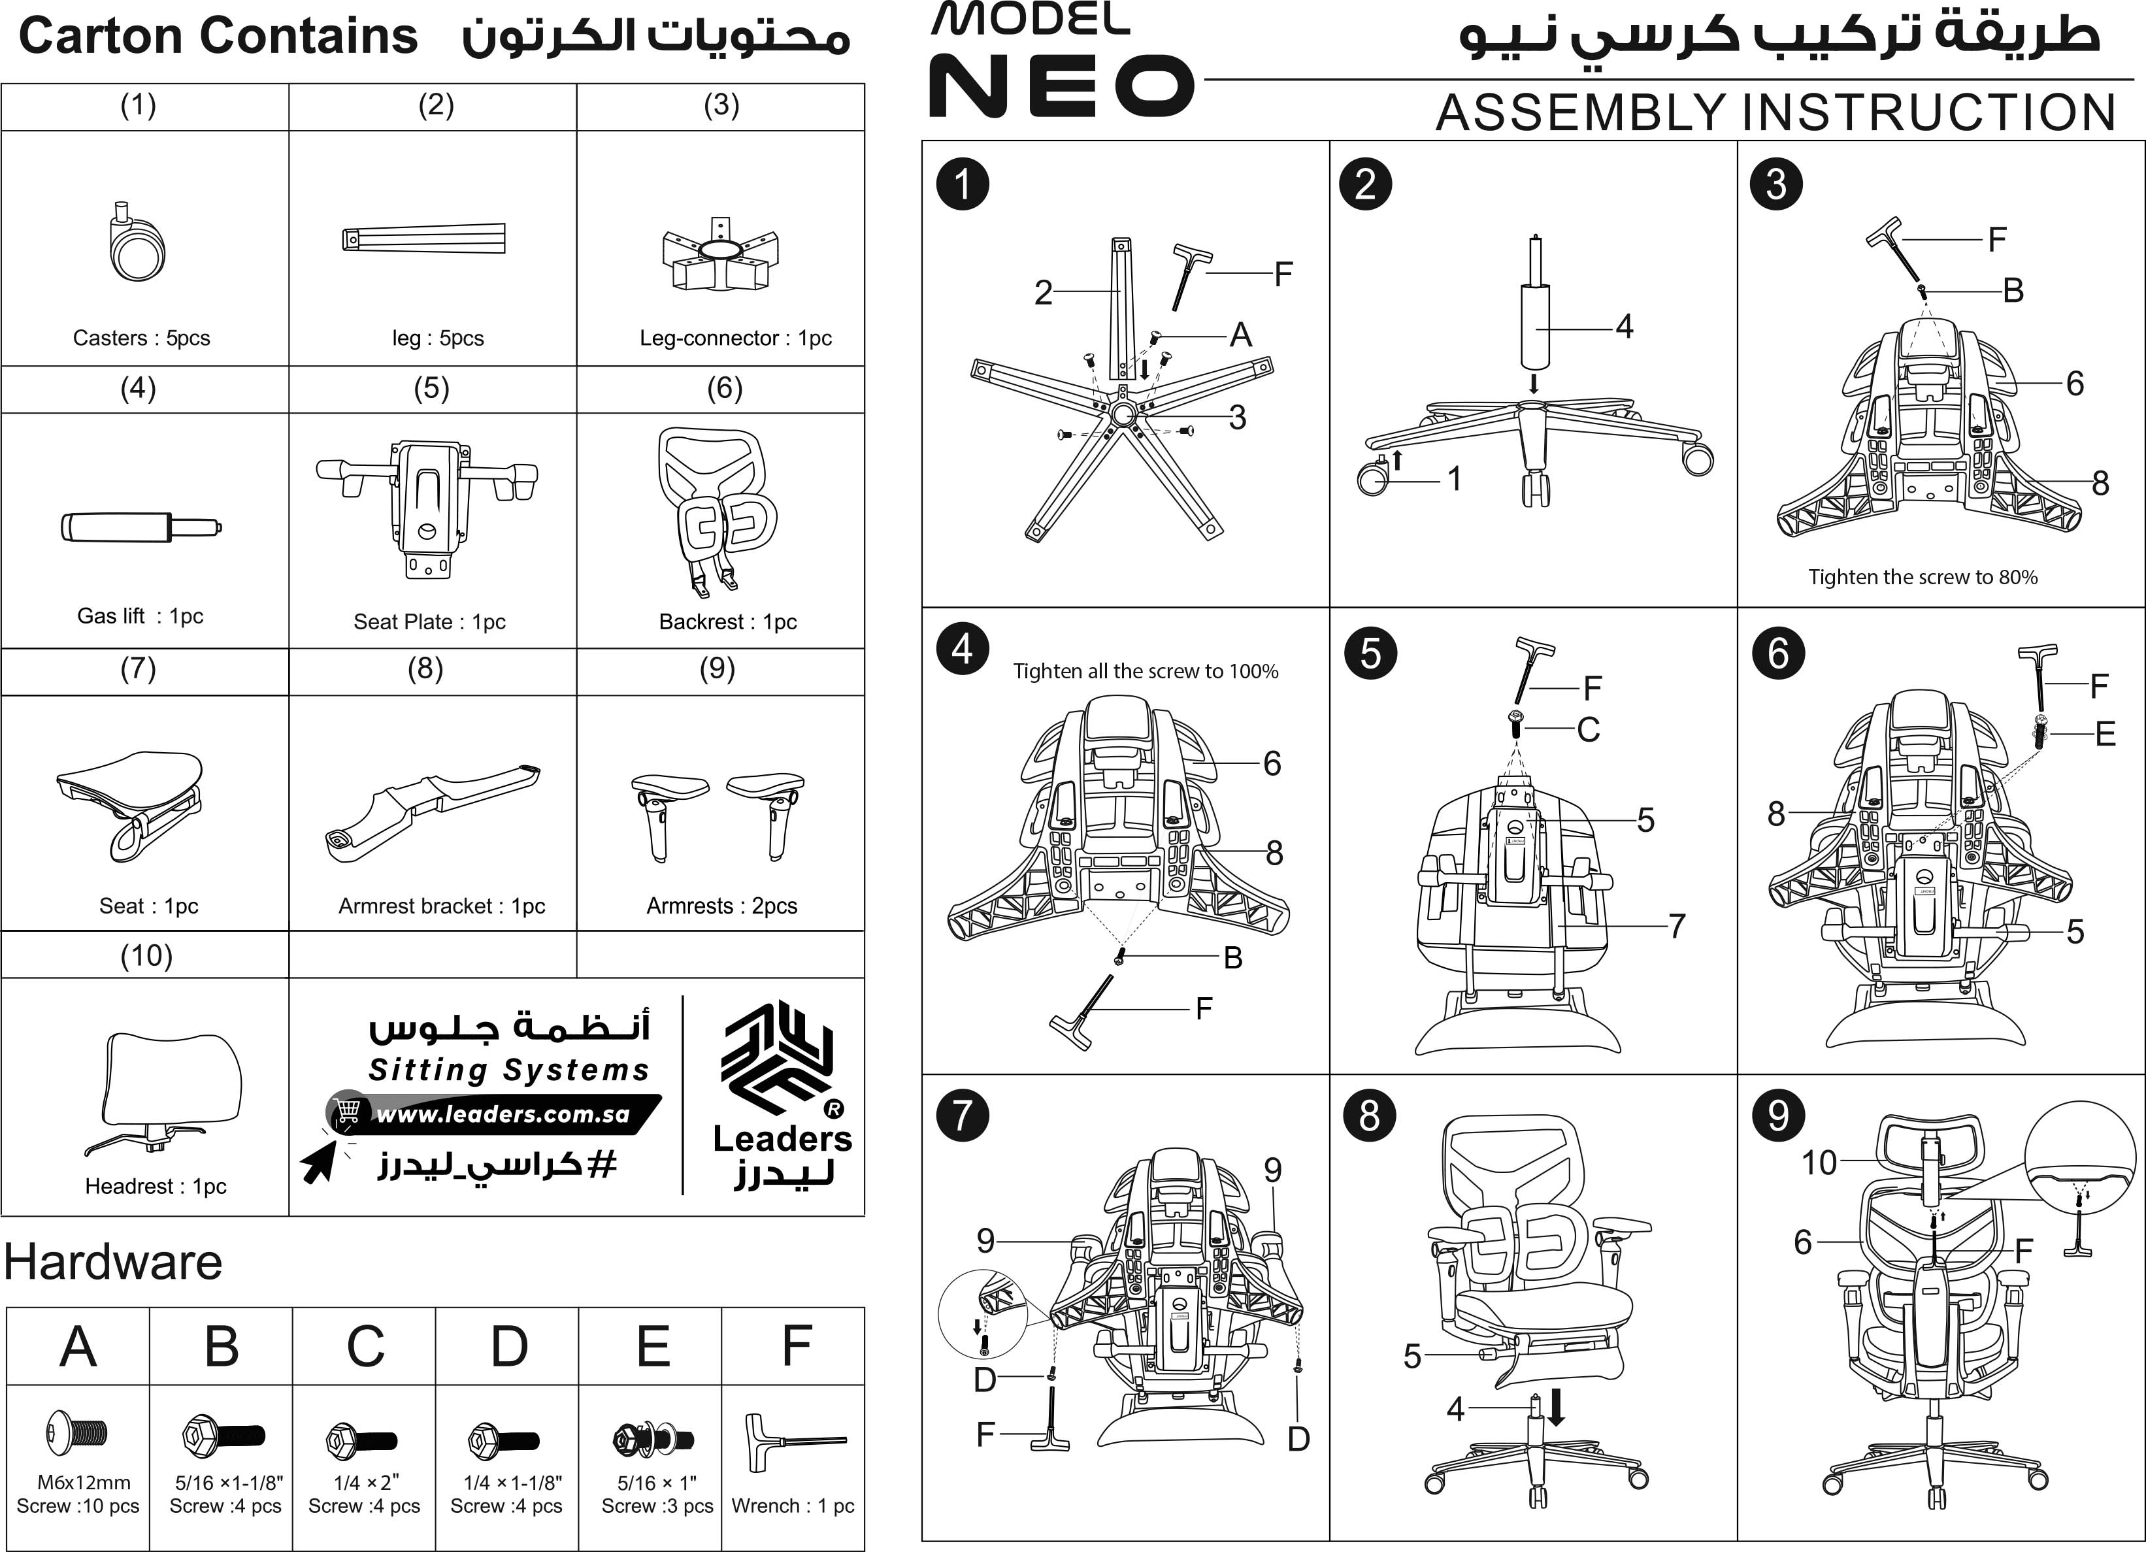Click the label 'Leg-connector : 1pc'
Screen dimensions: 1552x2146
(735, 338)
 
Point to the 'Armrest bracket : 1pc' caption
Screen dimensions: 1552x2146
(441, 906)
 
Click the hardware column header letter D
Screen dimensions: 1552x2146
(508, 1346)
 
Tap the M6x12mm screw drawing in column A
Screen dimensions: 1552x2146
(76, 1431)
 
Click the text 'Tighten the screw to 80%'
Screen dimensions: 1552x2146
(1923, 577)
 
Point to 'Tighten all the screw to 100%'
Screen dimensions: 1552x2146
(1145, 671)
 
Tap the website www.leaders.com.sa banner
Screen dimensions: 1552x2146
(501, 1114)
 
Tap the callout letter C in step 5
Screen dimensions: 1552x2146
(1588, 730)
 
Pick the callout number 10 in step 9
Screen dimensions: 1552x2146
(1818, 1162)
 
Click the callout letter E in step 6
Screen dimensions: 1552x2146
(2104, 733)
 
